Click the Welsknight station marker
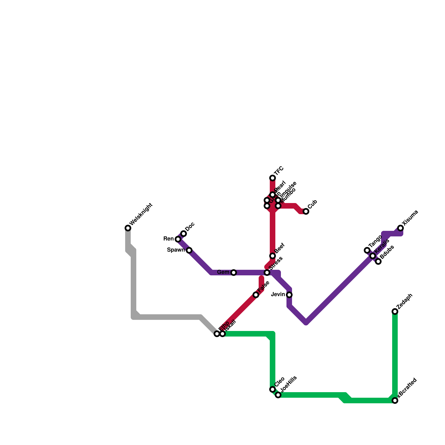128,228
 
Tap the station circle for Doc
184,234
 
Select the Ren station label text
169,239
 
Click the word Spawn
176,250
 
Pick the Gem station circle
234,273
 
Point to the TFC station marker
273,178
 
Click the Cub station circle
306,211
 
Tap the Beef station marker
273,256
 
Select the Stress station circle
267,273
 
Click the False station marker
256,295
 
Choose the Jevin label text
278,295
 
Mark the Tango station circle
367,250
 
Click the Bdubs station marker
378,261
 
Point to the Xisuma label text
410,218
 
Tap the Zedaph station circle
395,311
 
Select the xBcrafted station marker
395,400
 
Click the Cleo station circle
273,389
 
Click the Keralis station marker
373,256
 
